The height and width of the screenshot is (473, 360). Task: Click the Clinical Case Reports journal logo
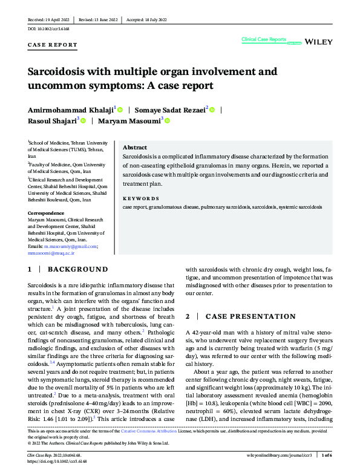264,39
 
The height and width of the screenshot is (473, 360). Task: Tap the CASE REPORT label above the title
53,45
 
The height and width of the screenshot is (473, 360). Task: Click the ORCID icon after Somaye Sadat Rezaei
212,109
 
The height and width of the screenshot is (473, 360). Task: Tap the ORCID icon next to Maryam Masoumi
168,121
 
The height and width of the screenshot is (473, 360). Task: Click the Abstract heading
134,148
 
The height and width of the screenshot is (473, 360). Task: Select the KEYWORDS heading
141,198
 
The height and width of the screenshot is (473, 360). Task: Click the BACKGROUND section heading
77,269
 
